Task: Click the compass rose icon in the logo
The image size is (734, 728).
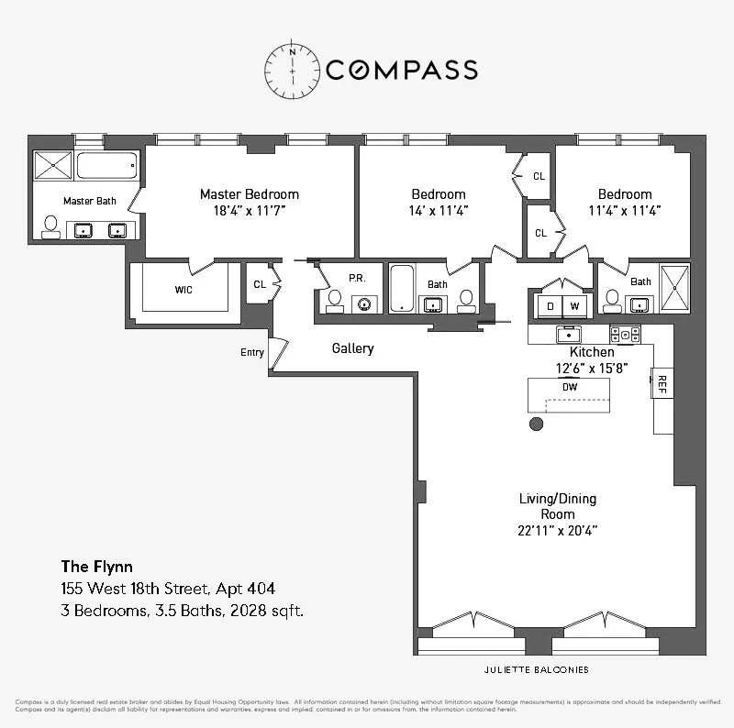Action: point(292,69)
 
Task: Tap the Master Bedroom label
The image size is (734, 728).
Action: point(250,194)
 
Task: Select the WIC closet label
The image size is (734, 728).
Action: point(183,289)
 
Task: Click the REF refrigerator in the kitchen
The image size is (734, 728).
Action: point(659,383)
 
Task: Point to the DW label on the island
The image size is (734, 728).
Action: point(570,386)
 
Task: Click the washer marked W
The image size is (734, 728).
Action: point(574,305)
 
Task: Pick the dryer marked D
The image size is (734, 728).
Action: point(550,305)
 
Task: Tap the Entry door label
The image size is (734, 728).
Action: point(252,352)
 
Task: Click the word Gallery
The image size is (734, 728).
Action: point(352,348)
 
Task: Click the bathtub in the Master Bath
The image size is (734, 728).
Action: point(106,166)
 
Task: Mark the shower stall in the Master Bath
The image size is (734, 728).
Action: point(53,166)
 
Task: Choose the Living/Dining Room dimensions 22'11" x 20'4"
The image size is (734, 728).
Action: point(558,530)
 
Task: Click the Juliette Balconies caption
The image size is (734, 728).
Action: point(538,669)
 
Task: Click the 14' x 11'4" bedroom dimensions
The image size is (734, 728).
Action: point(439,211)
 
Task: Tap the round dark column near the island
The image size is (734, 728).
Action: point(537,424)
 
